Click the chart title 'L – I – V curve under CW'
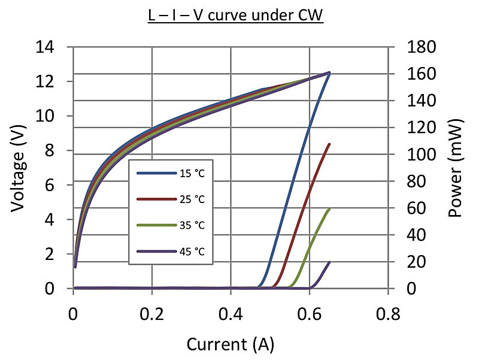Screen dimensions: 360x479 point(235,14)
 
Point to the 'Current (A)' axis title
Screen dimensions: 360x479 point(231,344)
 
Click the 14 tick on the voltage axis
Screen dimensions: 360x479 point(55,47)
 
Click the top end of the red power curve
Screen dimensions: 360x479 point(329,144)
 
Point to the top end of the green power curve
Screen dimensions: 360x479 point(329,209)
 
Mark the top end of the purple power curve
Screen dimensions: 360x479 point(329,262)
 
